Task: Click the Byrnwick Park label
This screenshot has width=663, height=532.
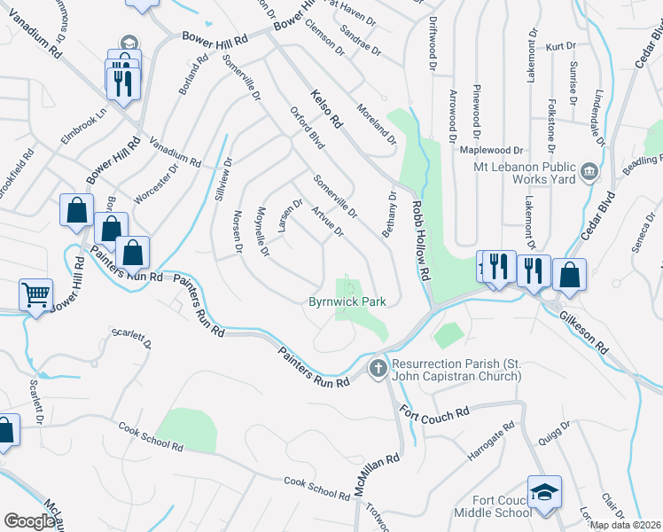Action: pyautogui.click(x=347, y=302)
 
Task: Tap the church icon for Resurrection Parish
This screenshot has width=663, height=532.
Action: pyautogui.click(x=378, y=366)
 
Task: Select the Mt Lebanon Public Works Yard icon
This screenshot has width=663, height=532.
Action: pyautogui.click(x=589, y=171)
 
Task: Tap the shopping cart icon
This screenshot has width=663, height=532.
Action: pyautogui.click(x=36, y=294)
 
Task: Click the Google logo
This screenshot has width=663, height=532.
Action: pyautogui.click(x=30, y=520)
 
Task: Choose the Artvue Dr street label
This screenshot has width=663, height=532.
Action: pyautogui.click(x=326, y=222)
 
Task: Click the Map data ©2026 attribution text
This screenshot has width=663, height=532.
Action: pyautogui.click(x=625, y=525)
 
